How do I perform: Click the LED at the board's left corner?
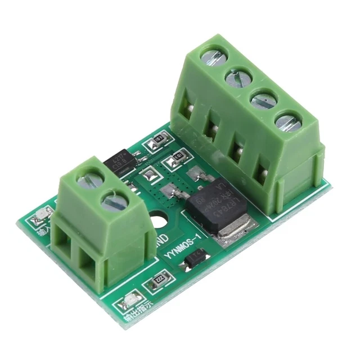43,214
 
